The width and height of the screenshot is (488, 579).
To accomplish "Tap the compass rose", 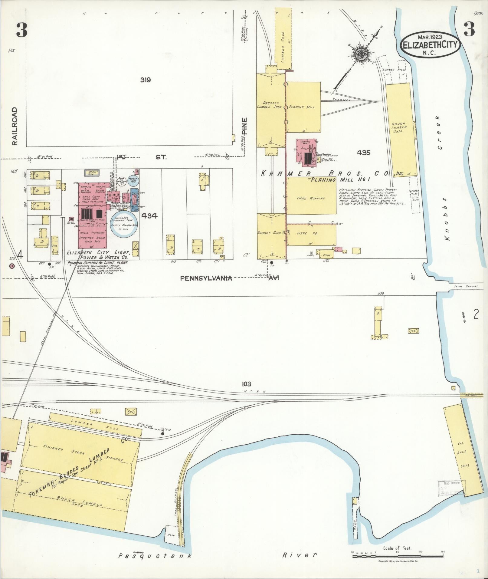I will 362,55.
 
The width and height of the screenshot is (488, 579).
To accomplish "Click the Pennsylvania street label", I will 206,278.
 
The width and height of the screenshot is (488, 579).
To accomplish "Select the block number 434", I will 149,216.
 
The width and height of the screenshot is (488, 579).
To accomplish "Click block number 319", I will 145,80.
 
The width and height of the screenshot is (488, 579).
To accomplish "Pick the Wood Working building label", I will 311,198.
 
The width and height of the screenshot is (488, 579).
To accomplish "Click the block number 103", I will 247,384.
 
